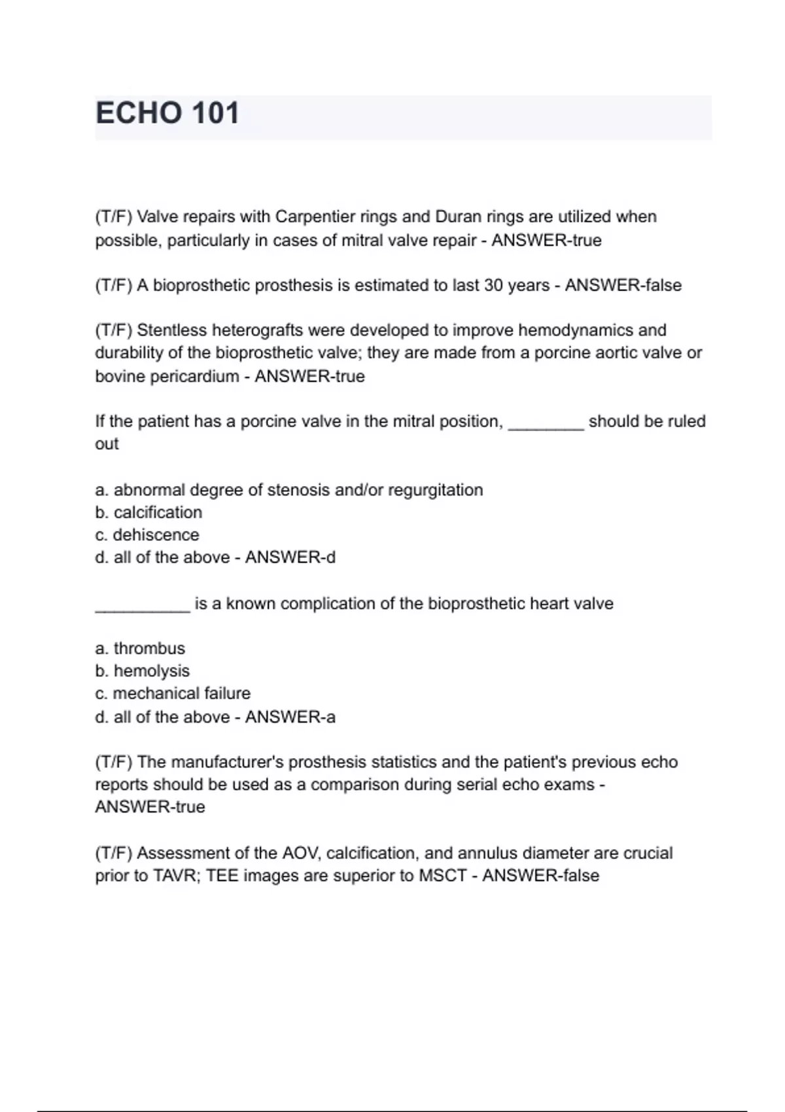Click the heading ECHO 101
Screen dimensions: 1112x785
(x=167, y=114)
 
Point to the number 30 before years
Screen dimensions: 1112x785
(x=493, y=285)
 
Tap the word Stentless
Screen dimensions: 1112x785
(x=172, y=330)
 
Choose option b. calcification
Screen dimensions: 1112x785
(x=148, y=512)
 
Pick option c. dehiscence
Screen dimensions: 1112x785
(x=147, y=535)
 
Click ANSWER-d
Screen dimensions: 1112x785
(x=290, y=557)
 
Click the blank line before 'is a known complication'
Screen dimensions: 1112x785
(x=142, y=608)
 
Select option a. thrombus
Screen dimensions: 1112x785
(x=140, y=648)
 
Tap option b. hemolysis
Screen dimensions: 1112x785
(x=142, y=671)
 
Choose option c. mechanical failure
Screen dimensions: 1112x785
(x=173, y=693)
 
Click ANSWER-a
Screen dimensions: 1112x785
(x=290, y=717)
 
